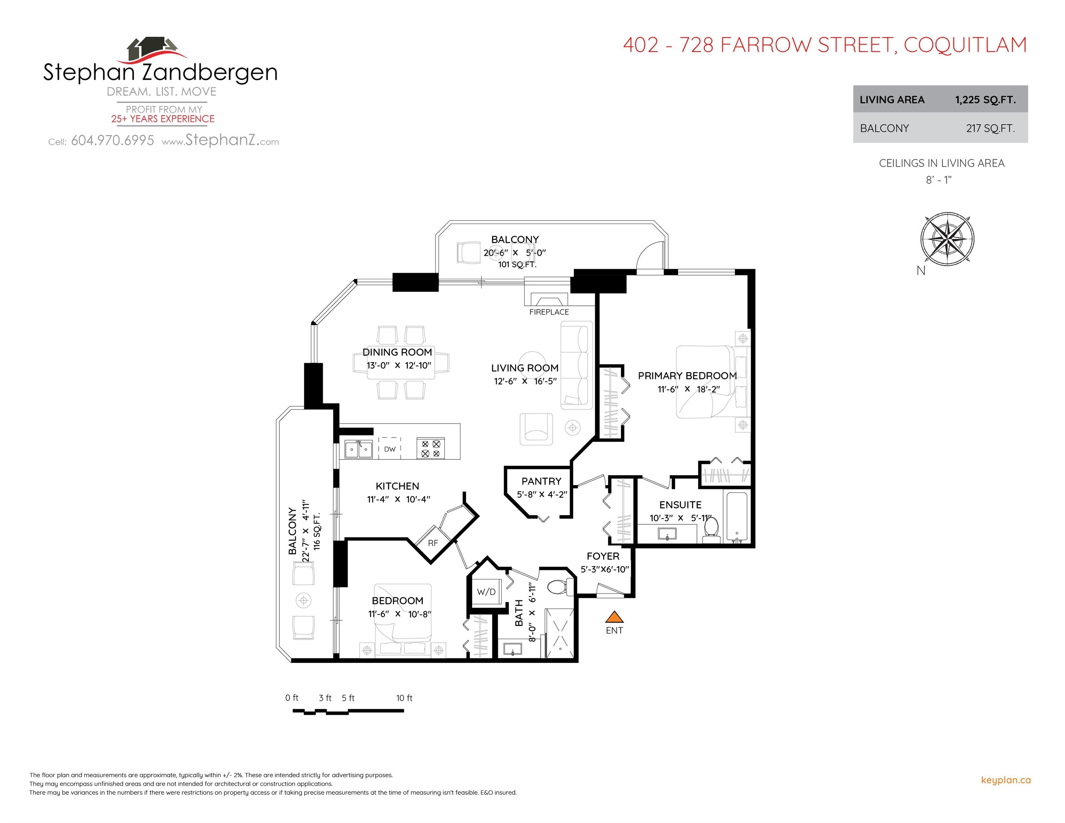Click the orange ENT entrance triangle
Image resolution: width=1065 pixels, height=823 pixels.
point(614,617)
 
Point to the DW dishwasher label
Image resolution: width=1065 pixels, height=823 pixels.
point(390,449)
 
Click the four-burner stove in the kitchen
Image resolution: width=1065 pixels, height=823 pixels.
point(431,449)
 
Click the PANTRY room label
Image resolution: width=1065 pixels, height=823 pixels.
point(541,481)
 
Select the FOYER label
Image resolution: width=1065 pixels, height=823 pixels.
point(603,556)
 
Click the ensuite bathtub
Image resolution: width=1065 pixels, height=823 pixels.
point(737,517)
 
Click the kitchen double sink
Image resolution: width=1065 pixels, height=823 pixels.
point(358,449)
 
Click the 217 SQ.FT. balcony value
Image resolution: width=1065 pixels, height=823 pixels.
point(990,128)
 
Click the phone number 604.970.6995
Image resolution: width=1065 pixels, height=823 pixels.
point(112,141)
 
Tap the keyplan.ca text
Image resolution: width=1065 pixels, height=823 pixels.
point(1005,780)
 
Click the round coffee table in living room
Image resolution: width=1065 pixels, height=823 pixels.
point(532,358)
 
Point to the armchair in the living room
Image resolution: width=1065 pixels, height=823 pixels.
point(536,429)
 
